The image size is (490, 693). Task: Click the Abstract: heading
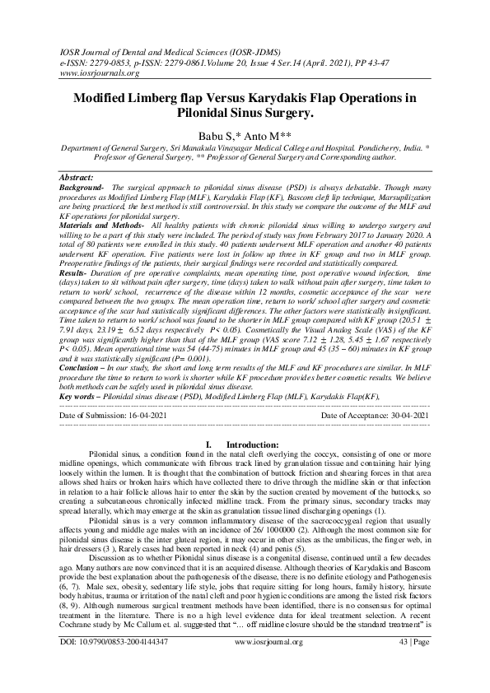tap(81, 178)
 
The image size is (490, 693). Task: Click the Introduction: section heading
tap(253, 468)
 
